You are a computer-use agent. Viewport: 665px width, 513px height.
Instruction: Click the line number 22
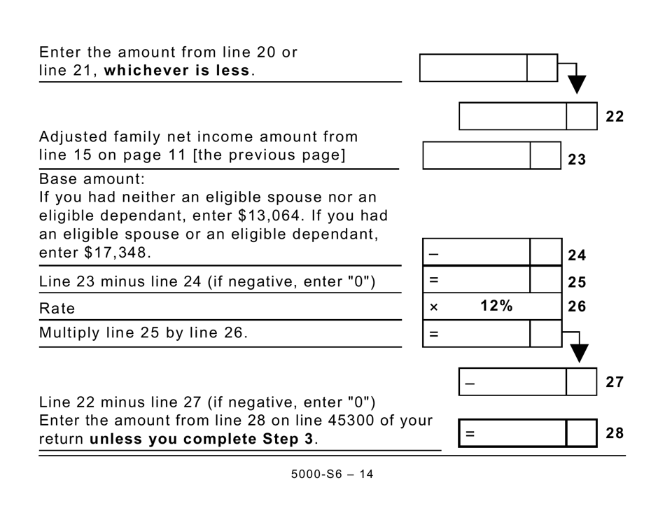click(x=614, y=117)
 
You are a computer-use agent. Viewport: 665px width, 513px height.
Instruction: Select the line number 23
click(x=576, y=160)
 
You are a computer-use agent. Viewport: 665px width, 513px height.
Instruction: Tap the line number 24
click(x=577, y=255)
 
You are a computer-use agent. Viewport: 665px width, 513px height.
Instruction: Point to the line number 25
click(x=577, y=283)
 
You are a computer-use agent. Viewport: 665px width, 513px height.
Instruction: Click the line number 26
click(x=577, y=307)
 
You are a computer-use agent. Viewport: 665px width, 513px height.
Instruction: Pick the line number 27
click(x=614, y=382)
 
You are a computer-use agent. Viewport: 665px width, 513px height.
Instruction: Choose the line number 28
click(x=614, y=433)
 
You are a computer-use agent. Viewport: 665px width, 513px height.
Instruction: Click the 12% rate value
click(x=496, y=306)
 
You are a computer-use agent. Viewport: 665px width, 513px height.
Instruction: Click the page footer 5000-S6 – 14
click(x=332, y=475)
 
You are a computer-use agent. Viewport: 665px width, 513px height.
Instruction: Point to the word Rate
click(x=57, y=309)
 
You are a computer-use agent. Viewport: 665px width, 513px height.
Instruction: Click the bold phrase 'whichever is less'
click(x=177, y=71)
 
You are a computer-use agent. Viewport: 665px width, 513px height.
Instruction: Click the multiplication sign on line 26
click(x=433, y=307)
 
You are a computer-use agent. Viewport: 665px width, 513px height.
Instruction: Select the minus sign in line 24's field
click(x=433, y=253)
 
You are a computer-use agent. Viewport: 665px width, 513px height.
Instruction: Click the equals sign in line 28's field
click(x=470, y=434)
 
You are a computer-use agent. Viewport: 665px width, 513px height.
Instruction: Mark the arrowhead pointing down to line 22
click(x=576, y=85)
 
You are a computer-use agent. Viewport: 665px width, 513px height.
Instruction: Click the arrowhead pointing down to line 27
click(x=579, y=353)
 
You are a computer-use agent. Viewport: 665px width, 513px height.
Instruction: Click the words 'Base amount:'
click(x=92, y=178)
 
